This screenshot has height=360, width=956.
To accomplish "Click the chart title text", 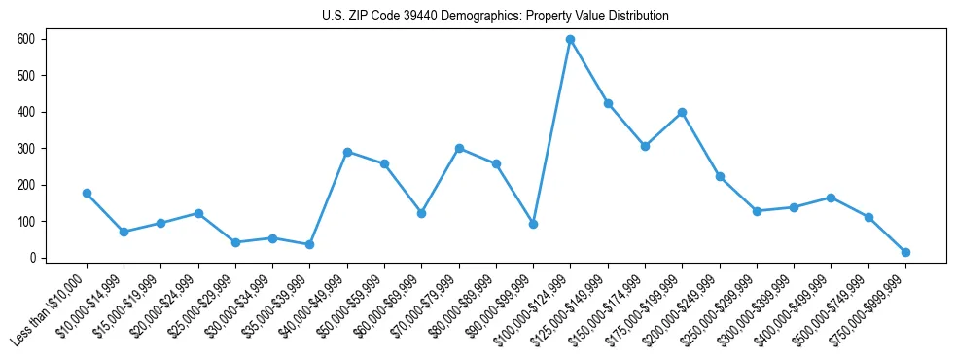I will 495,17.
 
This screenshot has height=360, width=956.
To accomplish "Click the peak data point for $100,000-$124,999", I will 570,39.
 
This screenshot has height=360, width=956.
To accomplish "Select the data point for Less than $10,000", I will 87,193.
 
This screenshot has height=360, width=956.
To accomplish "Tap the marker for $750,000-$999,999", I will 905,252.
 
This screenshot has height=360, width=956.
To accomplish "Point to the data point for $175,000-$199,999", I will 682,112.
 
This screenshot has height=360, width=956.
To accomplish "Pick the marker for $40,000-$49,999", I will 347,152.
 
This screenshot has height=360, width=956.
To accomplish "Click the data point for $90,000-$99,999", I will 533,224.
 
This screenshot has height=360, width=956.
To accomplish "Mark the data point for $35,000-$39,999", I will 309,244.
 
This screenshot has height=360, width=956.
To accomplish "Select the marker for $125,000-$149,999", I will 608,103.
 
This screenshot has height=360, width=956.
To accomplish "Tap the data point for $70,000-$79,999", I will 459,148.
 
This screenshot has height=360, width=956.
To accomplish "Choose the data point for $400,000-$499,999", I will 831,198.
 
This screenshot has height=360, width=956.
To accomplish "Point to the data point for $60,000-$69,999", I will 421,213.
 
